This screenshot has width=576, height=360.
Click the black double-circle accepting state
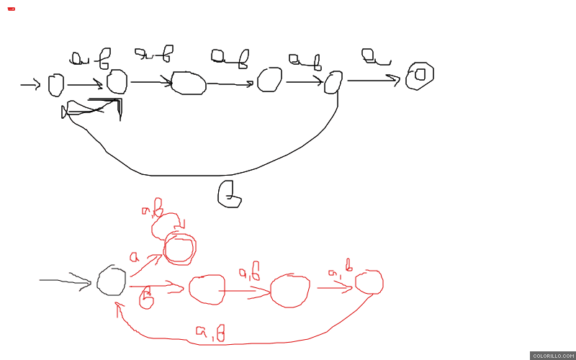tap(419, 75)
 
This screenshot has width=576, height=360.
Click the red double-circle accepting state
tap(179, 248)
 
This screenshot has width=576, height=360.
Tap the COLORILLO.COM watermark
tap(552, 356)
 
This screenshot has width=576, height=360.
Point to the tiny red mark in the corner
tap(11, 9)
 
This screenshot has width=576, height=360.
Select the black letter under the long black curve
tap(229, 194)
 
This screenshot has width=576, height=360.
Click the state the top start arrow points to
tap(55, 85)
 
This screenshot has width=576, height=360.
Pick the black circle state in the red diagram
tap(112, 280)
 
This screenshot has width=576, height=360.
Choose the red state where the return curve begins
tap(369, 283)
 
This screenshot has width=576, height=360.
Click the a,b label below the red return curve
tap(210, 333)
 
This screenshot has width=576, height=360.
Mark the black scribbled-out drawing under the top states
tap(94, 109)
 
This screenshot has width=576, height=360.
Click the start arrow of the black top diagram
tap(30, 86)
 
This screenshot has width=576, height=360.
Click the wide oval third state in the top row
tap(189, 84)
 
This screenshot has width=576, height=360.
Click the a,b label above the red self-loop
tap(153, 208)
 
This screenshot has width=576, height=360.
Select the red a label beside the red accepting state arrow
tap(134, 256)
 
